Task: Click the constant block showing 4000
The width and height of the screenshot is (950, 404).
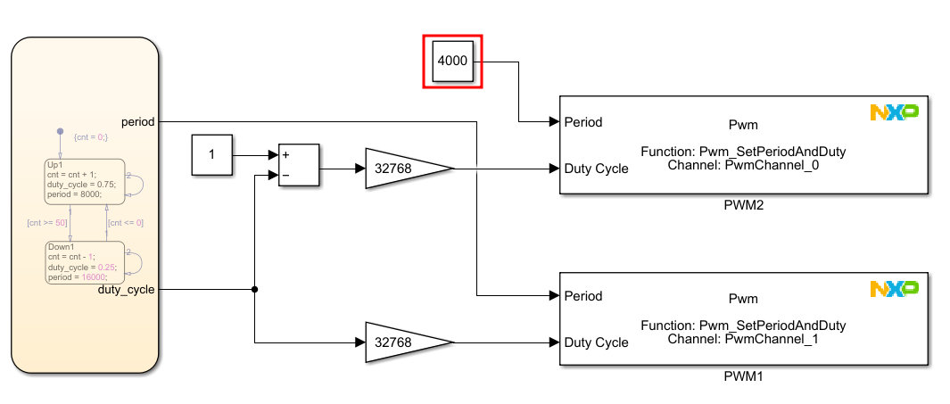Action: point(452,62)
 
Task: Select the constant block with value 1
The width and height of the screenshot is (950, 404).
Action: point(211,154)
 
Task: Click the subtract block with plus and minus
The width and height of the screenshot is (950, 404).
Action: point(299,165)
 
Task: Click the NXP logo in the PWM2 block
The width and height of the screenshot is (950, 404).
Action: point(894,112)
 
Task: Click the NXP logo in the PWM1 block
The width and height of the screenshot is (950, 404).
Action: point(894,288)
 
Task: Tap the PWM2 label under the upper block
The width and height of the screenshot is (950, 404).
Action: point(744,205)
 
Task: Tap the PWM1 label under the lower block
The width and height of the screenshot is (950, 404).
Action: point(744,377)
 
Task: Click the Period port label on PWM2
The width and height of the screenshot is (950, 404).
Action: point(583,122)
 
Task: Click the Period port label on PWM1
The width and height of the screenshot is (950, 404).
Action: point(583,296)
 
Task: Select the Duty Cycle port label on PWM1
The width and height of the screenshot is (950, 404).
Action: point(596,342)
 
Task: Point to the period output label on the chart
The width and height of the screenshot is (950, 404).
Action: point(139,121)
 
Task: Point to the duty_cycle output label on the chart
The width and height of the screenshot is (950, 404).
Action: point(126,290)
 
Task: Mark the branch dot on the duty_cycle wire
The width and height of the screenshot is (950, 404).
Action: point(255,289)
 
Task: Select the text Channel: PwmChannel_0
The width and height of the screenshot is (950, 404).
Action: point(743,165)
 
